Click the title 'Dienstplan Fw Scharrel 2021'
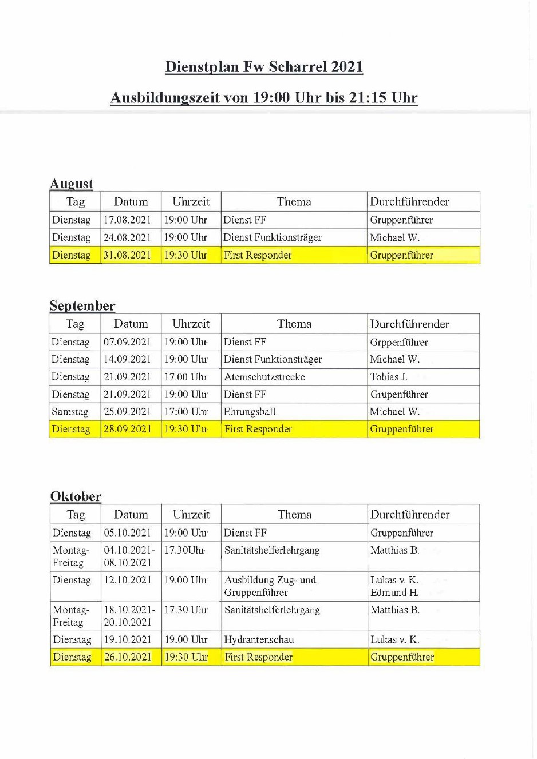coord(264,67)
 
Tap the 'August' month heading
coord(72,184)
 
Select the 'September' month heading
coord(82,305)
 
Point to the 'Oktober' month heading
coord(76,496)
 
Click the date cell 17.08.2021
coord(127,220)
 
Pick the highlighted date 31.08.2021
coord(127,255)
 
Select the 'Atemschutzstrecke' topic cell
coord(264,377)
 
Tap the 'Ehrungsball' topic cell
coord(250,412)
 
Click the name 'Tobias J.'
coord(389,377)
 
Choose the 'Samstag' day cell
coord(70,412)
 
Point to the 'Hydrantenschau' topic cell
coord(259,639)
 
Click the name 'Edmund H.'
coord(394,593)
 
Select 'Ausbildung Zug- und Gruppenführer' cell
coord(270,586)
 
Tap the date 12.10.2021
coord(127,580)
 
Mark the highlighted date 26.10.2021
coord(127,657)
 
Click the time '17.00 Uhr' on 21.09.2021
coord(186,377)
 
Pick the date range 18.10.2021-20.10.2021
coord(129,616)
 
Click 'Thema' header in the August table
coord(294,201)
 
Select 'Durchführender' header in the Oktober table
coord(410,514)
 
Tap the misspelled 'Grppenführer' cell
coord(399,342)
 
